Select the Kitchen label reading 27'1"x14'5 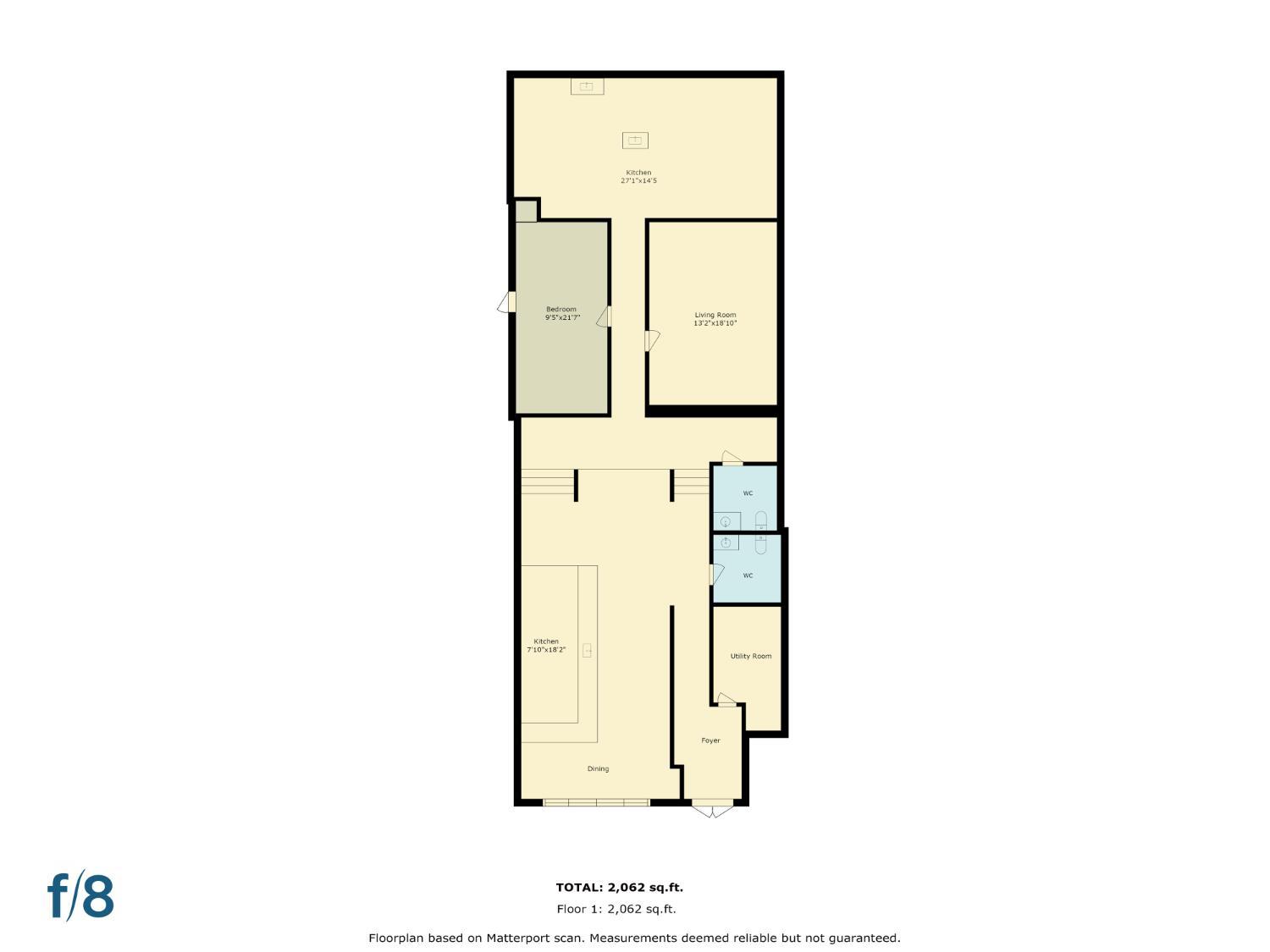(x=638, y=176)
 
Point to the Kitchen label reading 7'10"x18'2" (x=546, y=646)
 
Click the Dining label (x=598, y=769)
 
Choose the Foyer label (x=710, y=740)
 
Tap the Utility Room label (x=750, y=657)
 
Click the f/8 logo (x=81, y=896)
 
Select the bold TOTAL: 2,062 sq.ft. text (x=619, y=888)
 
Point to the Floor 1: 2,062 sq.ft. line (x=616, y=910)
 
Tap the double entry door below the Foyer (x=713, y=808)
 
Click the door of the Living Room (x=651, y=340)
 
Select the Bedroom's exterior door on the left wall (x=506, y=302)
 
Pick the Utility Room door (x=726, y=699)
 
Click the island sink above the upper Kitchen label (x=635, y=140)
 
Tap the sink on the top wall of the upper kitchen (x=586, y=85)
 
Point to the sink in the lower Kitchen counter (x=587, y=651)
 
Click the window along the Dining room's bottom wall (x=596, y=801)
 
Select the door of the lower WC (x=715, y=575)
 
